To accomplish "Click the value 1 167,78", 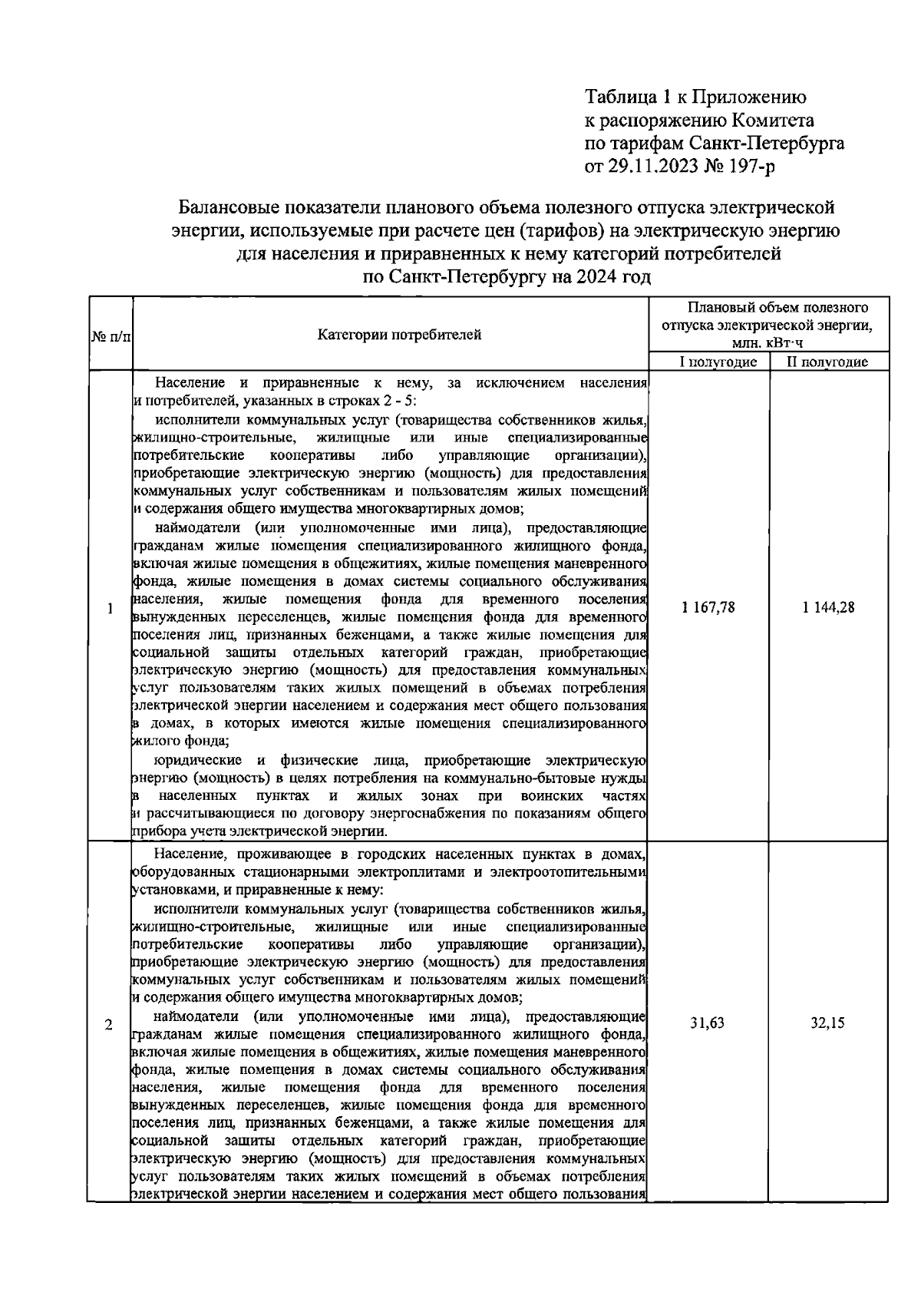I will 708,608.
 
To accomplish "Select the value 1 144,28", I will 829,608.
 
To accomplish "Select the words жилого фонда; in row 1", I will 181,742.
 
